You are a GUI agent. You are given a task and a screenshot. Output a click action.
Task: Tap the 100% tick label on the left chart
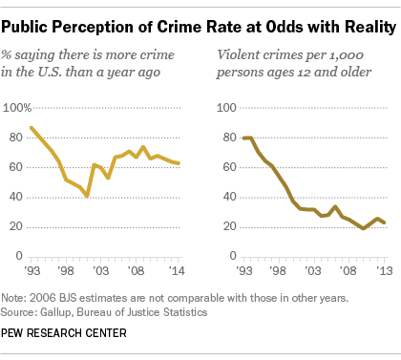click(21, 108)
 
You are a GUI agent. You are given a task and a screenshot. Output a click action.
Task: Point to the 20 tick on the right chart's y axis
click(228, 226)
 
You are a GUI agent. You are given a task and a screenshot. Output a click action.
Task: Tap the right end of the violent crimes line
click(384, 222)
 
